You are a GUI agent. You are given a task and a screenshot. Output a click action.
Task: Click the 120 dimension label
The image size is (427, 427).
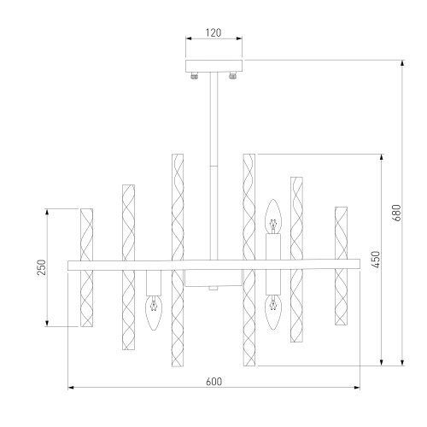coord(213,33)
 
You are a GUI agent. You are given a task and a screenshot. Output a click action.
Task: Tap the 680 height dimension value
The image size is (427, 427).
coord(396,213)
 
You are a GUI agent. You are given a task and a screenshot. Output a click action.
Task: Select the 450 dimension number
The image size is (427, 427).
coord(376,260)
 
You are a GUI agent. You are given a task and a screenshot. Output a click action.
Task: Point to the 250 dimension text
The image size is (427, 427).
coord(42,267)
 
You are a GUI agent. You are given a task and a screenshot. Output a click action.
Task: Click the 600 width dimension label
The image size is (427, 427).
coord(213,382)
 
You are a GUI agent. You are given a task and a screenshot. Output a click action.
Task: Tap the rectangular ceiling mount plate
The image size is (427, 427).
coord(213,66)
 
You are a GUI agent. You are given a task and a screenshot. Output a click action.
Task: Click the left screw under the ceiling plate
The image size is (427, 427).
coord(195,76)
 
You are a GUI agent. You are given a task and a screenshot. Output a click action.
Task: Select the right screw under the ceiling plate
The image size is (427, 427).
coord(232,76)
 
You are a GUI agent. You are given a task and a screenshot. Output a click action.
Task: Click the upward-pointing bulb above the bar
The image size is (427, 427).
coord(273,216)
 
